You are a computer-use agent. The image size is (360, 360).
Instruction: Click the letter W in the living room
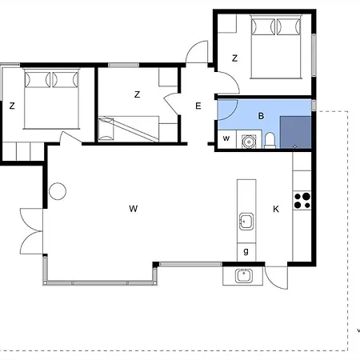click(x=134, y=209)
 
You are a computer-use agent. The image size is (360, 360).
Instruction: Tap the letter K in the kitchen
click(x=276, y=209)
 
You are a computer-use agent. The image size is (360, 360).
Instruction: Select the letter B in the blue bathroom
click(x=261, y=116)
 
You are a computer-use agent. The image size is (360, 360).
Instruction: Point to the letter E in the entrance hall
click(x=198, y=106)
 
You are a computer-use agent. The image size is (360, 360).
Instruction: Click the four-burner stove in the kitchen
click(x=302, y=201)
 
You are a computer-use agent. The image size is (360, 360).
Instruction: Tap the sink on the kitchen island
click(x=246, y=222)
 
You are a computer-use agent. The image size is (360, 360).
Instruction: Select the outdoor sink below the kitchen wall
click(x=243, y=276)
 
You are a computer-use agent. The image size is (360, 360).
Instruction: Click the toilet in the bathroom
click(x=270, y=140)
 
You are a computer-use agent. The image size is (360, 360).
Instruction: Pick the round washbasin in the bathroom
click(x=249, y=142)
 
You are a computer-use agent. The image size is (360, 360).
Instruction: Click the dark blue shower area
click(x=295, y=132)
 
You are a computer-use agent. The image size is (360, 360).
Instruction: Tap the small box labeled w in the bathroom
click(x=226, y=139)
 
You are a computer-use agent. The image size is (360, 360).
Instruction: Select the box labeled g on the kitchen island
click(x=246, y=252)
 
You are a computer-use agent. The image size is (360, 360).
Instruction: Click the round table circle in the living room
click(x=58, y=191)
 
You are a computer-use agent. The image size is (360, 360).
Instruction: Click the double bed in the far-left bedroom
click(x=51, y=99)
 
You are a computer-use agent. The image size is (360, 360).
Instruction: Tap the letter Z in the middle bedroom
click(x=137, y=94)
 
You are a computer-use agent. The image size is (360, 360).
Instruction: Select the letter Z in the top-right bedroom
click(x=234, y=58)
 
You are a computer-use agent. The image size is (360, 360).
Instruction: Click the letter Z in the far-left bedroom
click(x=12, y=106)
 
